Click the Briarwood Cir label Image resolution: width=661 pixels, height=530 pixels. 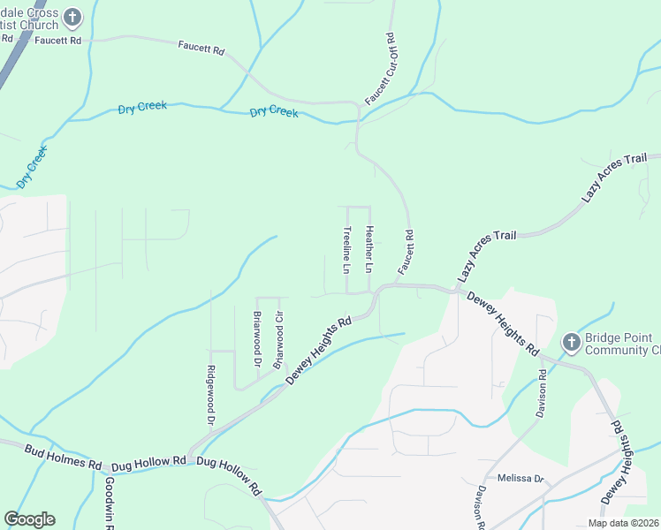(x=279, y=340)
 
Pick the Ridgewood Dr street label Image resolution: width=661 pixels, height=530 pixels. (x=211, y=396)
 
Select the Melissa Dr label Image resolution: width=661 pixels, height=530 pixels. (x=517, y=478)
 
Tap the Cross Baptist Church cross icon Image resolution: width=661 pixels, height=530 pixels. (x=73, y=18)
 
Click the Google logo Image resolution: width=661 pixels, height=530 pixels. (x=29, y=519)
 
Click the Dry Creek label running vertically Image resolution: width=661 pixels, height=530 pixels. (x=31, y=167)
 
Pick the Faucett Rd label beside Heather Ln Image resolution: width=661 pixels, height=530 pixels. (x=406, y=253)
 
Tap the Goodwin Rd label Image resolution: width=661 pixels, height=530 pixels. (x=109, y=499)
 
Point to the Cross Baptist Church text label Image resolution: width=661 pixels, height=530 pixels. (x=30, y=19)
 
